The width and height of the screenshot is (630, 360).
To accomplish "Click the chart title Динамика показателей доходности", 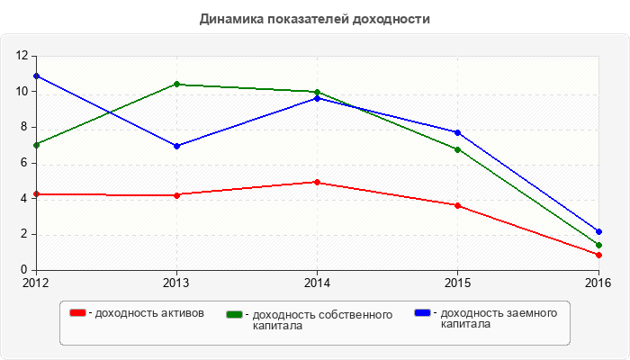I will [314, 18].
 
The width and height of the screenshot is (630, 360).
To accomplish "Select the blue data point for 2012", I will [36, 76].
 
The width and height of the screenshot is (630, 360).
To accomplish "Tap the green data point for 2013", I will [176, 85].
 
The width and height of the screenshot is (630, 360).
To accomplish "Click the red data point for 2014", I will [317, 182].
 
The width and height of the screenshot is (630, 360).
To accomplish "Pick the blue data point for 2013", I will [176, 146].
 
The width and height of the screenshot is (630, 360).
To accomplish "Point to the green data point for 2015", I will [457, 149].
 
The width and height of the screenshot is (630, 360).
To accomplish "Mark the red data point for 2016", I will [598, 255].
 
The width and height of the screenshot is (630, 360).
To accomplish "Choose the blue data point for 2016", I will [598, 231].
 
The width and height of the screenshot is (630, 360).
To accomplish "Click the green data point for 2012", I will [36, 145].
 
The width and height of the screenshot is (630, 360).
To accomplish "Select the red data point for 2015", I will [457, 205].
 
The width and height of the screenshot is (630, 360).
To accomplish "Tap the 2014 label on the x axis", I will [317, 283].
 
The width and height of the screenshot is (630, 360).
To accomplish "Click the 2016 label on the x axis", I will [598, 283].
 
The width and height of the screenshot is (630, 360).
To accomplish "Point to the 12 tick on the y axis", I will [23, 56].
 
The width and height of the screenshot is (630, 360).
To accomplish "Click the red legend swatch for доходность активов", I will [78, 312].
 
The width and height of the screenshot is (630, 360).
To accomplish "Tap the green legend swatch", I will [235, 314].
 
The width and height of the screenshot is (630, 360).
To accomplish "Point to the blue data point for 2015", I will [457, 132].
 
